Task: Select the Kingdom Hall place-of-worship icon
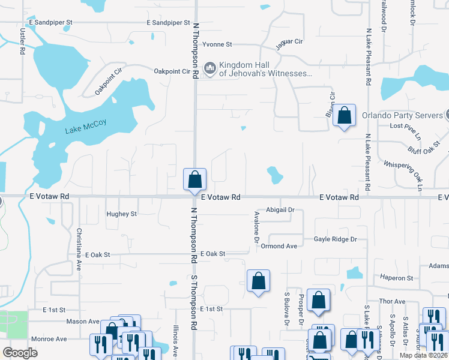point(210,68)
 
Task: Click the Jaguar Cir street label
point(289,44)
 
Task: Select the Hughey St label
point(122,214)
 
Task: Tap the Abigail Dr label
point(282,209)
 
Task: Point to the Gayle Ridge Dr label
point(335,239)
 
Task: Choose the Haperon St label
point(396,278)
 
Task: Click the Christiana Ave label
point(79,249)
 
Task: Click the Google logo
point(20,353)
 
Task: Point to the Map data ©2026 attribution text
point(423,355)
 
